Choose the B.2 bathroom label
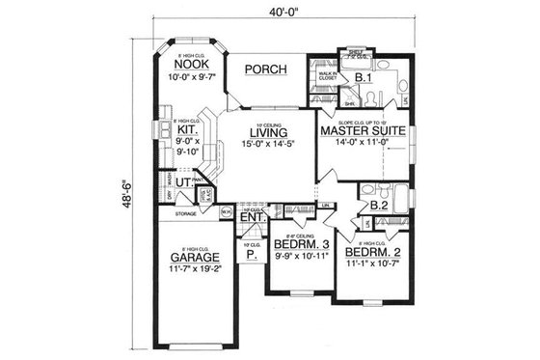pos(379,204)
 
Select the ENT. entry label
pos(253,218)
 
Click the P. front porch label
pos(252,257)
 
